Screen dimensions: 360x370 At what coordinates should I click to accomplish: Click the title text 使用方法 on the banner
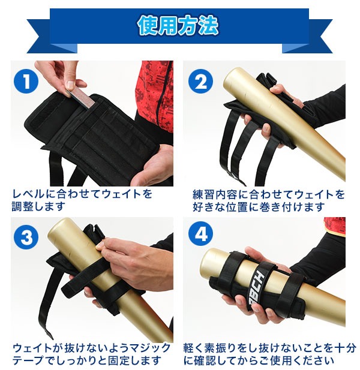178,26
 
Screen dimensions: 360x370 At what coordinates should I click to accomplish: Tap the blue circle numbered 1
26,82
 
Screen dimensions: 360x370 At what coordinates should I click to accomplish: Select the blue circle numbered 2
200,82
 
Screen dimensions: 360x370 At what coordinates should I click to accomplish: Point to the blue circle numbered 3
26,237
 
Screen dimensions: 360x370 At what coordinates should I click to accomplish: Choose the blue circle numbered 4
200,234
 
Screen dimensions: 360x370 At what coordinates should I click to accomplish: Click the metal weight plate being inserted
81,99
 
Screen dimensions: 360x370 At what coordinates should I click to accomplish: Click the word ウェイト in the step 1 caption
121,194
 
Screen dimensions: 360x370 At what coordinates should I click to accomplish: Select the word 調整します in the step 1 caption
38,206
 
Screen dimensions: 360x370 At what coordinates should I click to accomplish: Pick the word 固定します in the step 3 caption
134,360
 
